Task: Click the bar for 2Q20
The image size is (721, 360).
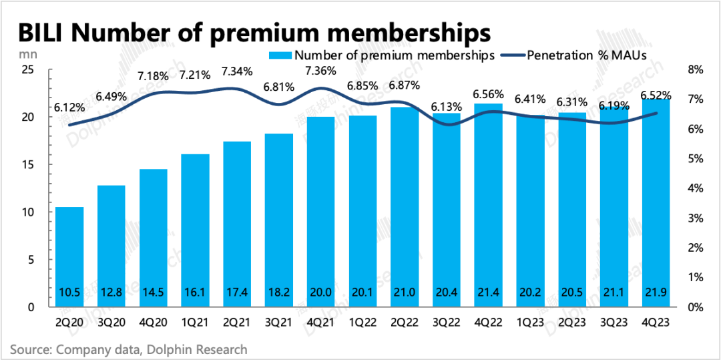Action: point(69,257)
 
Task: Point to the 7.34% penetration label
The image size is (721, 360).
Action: point(238,71)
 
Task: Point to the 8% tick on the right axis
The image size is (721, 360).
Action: point(694,69)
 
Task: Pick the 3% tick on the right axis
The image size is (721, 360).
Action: point(694,218)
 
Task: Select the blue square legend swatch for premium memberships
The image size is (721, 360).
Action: point(280,55)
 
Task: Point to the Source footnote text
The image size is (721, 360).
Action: point(128,349)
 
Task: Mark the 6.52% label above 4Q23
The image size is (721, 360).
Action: point(656,96)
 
